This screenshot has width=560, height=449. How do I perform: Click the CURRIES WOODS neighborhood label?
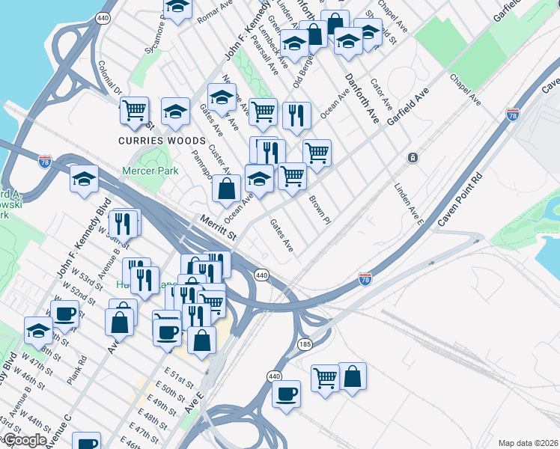161,141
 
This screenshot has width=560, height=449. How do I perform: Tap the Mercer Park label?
151,171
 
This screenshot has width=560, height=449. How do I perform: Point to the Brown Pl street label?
319,210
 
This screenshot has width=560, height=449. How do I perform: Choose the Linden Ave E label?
410,204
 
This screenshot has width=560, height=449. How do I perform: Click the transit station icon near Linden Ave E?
413,158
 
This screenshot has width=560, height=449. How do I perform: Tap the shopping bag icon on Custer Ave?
226,189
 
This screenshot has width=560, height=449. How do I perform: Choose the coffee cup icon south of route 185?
286,394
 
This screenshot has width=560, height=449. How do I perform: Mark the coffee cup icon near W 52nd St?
65,314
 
